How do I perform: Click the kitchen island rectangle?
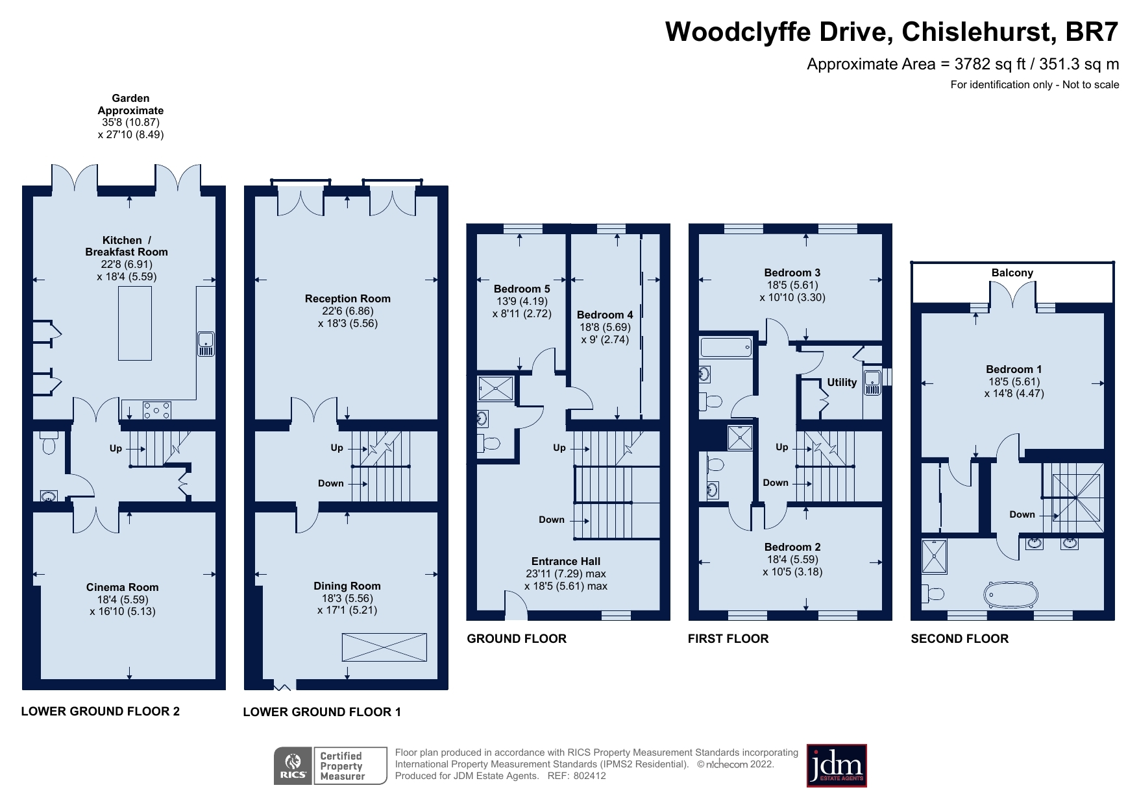[x=135, y=323]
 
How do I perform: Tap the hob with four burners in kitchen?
[x=157, y=410]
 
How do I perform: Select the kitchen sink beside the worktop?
[x=205, y=344]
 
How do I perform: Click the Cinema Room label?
[x=123, y=587]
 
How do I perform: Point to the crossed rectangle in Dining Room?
[x=384, y=647]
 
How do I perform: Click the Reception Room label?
[x=348, y=298]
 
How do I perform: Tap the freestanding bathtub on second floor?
[x=1010, y=594]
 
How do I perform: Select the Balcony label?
[x=1012, y=272]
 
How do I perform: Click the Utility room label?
[x=841, y=382]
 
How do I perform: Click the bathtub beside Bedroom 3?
[x=726, y=348]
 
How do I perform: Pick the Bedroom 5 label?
[x=522, y=289]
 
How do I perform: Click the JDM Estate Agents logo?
[x=836, y=765]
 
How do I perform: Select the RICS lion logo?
[x=293, y=766]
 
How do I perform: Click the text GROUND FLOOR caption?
[x=517, y=638]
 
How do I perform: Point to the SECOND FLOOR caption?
[x=959, y=638]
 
